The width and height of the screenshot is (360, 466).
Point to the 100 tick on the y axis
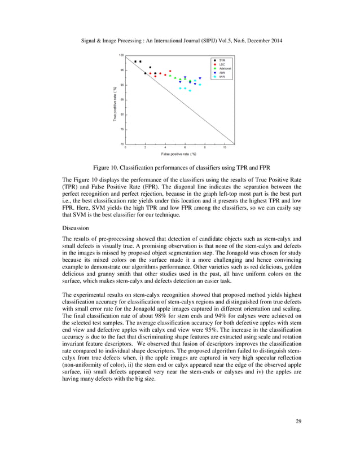coord(121,55)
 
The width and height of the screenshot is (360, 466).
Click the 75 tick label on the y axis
coord(121,129)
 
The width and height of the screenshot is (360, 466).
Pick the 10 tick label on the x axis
coord(225,148)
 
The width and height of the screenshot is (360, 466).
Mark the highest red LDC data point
coord(170,71)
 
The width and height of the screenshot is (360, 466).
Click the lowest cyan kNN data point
coord(190,90)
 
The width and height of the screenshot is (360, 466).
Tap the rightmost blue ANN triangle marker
coord(200,78)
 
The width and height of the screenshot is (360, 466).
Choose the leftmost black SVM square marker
coord(135,61)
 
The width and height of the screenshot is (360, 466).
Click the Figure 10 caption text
coord(180,167)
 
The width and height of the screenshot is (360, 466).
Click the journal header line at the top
coord(180,41)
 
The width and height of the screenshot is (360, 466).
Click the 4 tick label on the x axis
coord(165,148)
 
